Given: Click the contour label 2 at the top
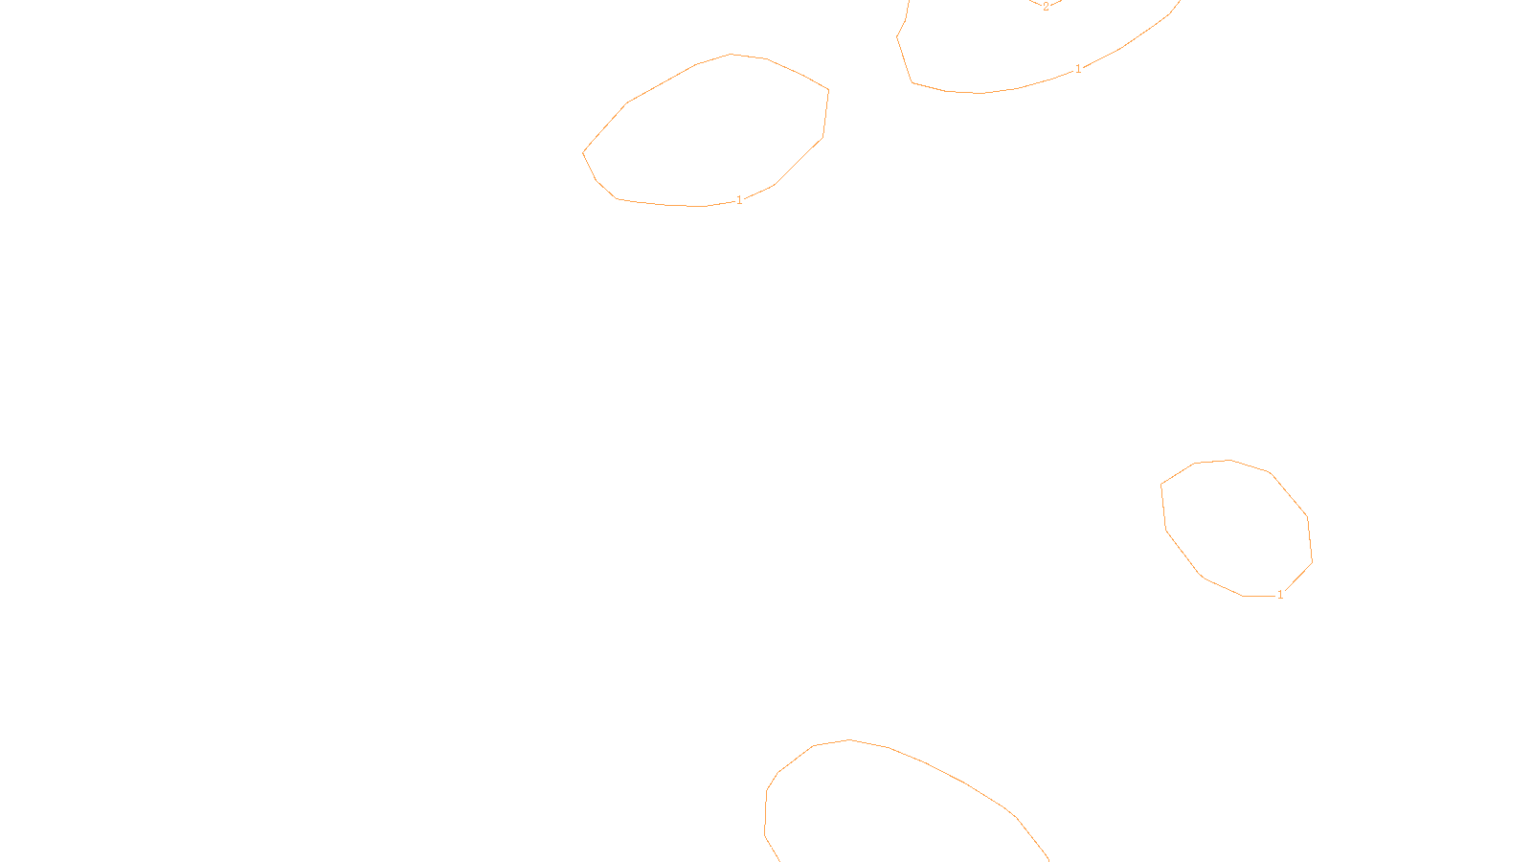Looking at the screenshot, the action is coord(1046,7).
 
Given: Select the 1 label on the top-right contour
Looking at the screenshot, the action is coord(1078,69).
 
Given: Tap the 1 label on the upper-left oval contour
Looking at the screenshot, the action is coord(739,200).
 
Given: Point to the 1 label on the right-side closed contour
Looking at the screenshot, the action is coord(1280,595).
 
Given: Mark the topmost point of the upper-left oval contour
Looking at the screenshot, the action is coord(732,55).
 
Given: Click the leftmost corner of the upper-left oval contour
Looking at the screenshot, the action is coord(583,151).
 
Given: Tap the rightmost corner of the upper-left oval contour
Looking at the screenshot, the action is coord(828,91).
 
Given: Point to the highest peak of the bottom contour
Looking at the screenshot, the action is coord(849,739).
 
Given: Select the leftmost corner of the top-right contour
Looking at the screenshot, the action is coord(897,37).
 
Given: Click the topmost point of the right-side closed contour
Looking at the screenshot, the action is coord(1229,460).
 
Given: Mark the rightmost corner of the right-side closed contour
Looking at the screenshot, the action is coord(1312,561).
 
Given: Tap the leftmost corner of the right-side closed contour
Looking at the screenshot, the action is coord(1161,485).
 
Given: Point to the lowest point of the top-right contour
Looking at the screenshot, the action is coord(979,93).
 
